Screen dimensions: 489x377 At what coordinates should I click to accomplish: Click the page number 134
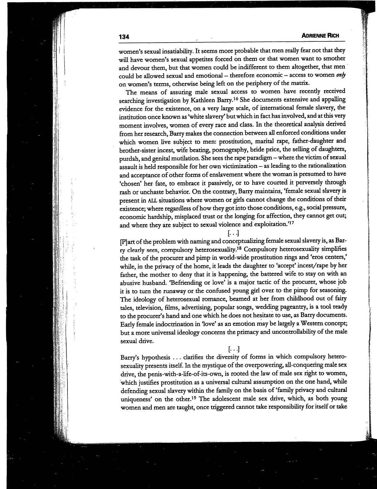point(124,37)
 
